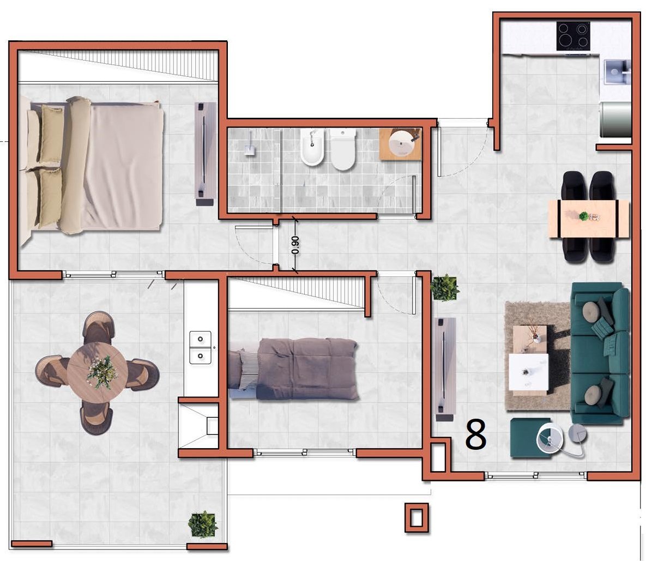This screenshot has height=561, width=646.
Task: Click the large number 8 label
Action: tap(476, 435)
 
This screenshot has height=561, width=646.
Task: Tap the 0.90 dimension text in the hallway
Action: tap(295, 245)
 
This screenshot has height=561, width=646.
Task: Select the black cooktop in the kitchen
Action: tap(573, 36)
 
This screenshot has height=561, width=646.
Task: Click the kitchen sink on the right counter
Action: tap(617, 72)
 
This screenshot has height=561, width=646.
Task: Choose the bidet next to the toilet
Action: tap(312, 147)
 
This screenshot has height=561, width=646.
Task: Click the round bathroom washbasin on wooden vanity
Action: tap(401, 144)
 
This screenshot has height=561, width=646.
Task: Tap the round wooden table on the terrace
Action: tap(97, 373)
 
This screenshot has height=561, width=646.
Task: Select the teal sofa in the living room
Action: tap(600, 353)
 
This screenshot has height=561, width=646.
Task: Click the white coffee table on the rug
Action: tap(529, 372)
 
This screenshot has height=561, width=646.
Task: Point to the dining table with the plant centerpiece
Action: tap(589, 219)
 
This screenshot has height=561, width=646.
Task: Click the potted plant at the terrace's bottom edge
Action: tap(203, 524)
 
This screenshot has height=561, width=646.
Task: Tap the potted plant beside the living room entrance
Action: tap(445, 287)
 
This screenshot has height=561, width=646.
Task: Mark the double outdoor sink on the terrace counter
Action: tap(200, 348)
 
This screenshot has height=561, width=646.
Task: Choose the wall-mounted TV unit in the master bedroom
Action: tap(205, 154)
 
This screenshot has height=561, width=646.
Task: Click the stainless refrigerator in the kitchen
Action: tap(615, 119)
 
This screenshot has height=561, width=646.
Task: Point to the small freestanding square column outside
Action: tap(416, 518)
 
